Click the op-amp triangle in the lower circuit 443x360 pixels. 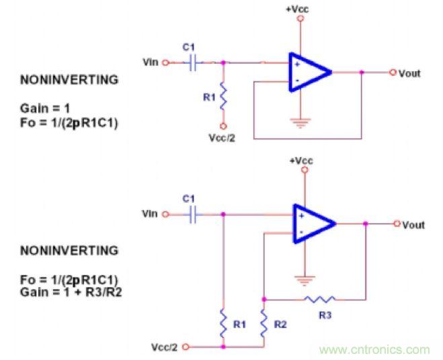point(311,224)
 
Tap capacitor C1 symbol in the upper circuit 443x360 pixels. point(194,62)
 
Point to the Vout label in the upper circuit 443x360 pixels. point(409,73)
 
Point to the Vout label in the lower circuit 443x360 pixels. point(413,225)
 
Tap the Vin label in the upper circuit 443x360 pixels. point(151,62)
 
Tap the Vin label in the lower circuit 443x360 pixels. point(150,214)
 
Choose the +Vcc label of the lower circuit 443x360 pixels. point(303,161)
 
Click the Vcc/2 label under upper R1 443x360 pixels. point(223,138)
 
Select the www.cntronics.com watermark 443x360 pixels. point(374,349)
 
